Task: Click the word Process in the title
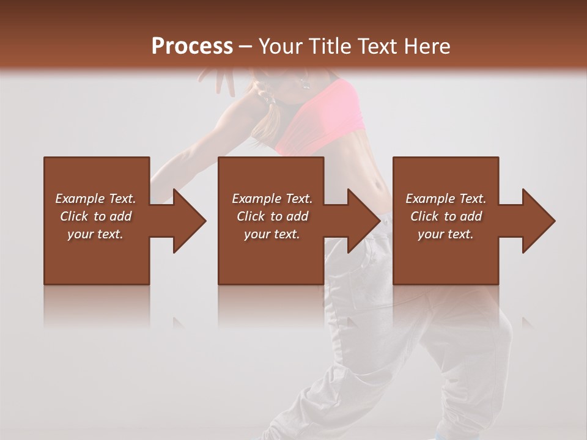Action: [192, 46]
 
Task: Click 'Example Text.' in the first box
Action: [95, 199]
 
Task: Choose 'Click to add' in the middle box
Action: [272, 216]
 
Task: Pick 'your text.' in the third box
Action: [446, 234]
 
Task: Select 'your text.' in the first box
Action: [95, 234]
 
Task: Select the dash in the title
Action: [246, 46]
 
